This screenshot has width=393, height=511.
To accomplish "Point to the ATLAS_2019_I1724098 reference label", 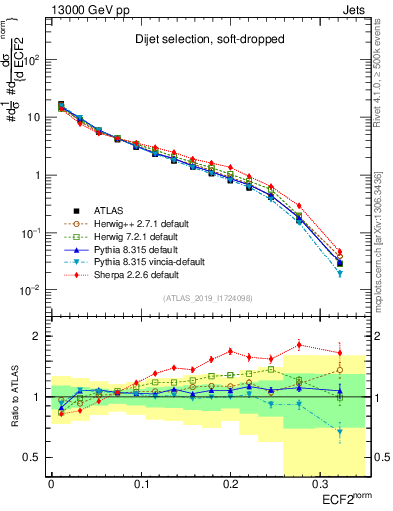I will coord(199,298).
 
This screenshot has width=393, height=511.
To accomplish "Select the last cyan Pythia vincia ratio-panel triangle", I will coord(340,432).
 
